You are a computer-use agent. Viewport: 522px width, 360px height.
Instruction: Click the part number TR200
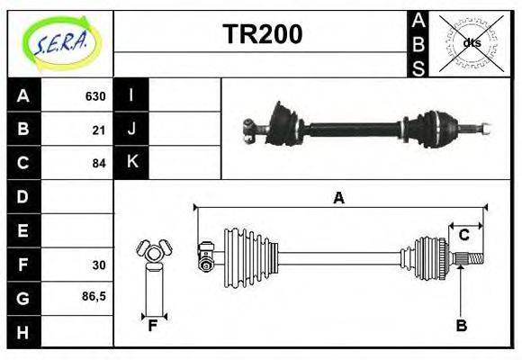pos(262,35)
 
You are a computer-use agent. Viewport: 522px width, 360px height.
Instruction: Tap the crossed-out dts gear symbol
pos(471,42)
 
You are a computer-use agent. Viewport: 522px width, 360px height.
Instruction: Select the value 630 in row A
pos(94,96)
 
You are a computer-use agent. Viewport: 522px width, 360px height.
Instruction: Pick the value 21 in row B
pos(98,130)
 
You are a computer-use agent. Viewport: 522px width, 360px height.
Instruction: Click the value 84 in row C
pos(98,164)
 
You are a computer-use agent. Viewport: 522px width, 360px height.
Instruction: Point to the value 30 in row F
pos(98,265)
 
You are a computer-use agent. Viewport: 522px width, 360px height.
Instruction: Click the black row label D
pos(22,196)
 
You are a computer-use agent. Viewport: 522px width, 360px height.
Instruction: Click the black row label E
pos(22,230)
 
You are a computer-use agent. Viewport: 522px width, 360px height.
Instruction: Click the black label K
pos(131,163)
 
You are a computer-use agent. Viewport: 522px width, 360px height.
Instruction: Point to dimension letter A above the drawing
pos(338,198)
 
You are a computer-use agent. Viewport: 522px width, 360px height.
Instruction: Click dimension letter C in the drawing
pos(463,235)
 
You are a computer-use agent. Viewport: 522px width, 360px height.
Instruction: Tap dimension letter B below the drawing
pos(461,326)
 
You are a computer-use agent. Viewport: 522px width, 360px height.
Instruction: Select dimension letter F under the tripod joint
pos(153,326)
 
